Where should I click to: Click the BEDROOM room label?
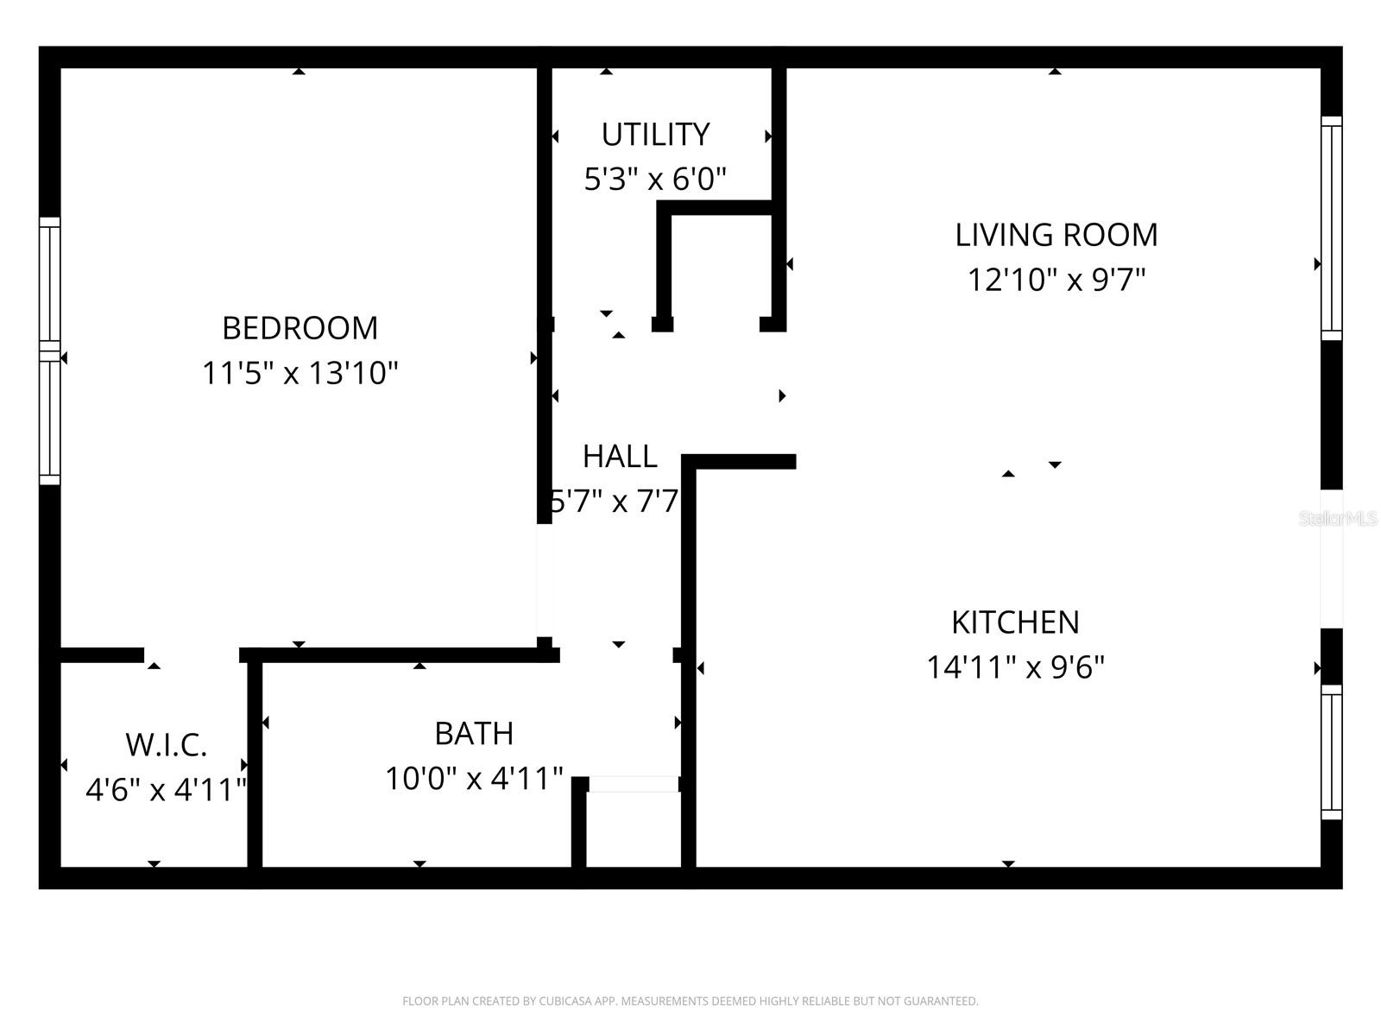click(300, 328)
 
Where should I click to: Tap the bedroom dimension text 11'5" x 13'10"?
click(300, 373)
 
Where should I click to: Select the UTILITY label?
click(655, 135)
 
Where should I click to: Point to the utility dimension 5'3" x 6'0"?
click(655, 180)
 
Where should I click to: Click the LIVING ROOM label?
click(1056, 235)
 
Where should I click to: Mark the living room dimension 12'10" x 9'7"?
click(1056, 280)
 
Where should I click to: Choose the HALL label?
click(620, 456)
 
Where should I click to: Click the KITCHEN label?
click(1015, 622)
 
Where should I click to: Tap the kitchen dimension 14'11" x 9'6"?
click(1015, 667)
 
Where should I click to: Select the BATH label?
click(474, 733)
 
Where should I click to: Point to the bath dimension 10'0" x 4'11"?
click(474, 779)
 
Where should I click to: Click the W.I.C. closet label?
click(166, 744)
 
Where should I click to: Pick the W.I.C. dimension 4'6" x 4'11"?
click(166, 789)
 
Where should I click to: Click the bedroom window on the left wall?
click(50, 351)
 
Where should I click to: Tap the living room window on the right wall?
click(1332, 228)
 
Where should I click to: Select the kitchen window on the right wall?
click(1332, 752)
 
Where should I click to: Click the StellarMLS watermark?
click(1337, 519)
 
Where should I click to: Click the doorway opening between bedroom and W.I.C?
click(192, 655)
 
